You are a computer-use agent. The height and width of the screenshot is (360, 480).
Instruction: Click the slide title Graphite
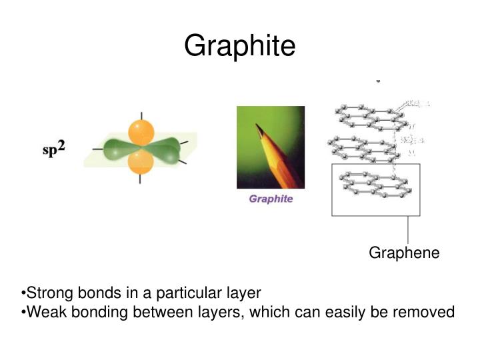click(x=239, y=46)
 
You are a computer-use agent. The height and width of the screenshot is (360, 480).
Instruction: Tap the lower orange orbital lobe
click(x=141, y=162)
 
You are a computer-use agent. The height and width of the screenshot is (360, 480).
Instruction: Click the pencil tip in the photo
click(x=258, y=127)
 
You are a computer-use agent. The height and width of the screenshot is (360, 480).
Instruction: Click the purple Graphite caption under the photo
click(x=271, y=199)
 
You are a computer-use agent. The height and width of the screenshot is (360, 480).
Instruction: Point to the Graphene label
click(x=404, y=253)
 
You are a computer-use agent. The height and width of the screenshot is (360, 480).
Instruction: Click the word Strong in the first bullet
click(x=45, y=293)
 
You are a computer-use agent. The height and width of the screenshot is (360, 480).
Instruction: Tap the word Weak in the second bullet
click(x=42, y=311)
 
